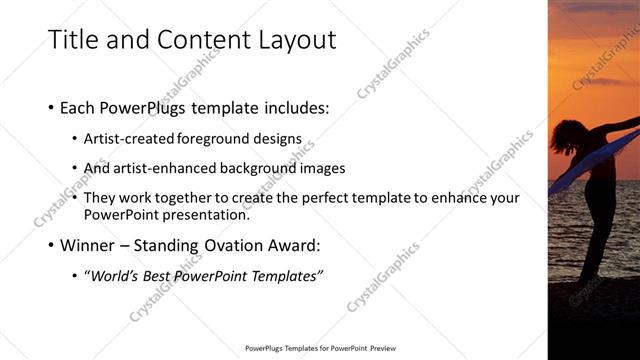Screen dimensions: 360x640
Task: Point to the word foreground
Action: point(215,138)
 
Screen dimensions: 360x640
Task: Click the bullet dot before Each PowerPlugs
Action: point(51,107)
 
